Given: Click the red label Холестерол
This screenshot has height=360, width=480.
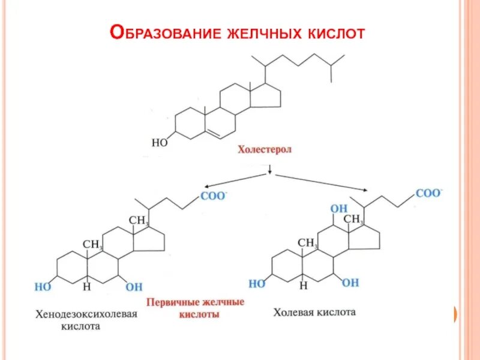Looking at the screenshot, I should tap(265, 150).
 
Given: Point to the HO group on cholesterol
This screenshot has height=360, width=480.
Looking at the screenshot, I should tap(159, 143).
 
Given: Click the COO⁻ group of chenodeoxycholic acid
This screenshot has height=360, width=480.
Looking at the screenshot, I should tap(212, 196).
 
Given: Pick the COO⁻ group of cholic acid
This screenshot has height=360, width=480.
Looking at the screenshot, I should tap(428, 193).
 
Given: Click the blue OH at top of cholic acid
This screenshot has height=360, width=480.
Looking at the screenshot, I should tap(339, 209).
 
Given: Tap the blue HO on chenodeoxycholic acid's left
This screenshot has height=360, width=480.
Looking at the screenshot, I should tap(43, 287).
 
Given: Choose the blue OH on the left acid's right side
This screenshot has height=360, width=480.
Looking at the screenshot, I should tap(134, 287).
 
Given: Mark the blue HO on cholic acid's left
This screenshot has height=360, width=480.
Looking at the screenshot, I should tap(257, 283).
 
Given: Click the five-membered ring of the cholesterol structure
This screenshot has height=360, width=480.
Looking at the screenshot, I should tap(266, 95).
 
